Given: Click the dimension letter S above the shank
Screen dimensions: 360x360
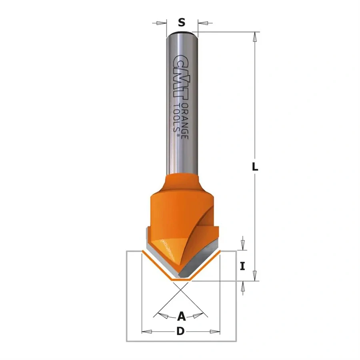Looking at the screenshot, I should [x=182, y=23].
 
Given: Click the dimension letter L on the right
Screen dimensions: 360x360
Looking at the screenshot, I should [x=255, y=168].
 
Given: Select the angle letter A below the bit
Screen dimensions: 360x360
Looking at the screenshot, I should [x=181, y=317].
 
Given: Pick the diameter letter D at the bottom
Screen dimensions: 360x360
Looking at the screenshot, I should [x=181, y=332].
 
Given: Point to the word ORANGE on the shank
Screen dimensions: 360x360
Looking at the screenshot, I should [x=185, y=120].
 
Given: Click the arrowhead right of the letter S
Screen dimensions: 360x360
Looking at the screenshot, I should [x=199, y=23].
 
